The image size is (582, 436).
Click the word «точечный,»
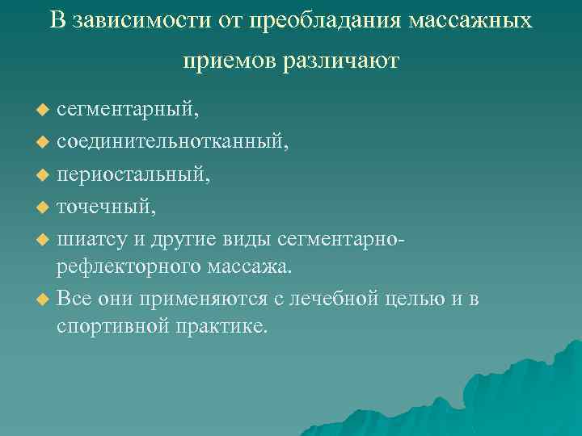pyautogui.click(x=106, y=208)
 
